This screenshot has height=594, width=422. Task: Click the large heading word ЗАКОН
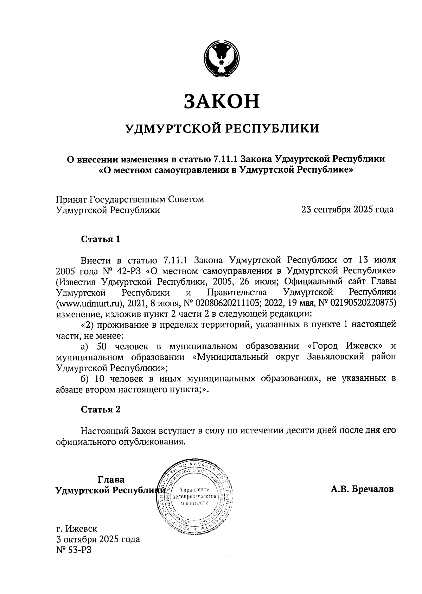[x=222, y=101]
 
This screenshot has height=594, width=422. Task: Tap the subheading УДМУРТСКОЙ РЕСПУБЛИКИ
[x=223, y=129]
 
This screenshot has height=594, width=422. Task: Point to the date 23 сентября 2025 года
[x=347, y=210]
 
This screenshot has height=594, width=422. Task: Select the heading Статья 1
[x=101, y=240]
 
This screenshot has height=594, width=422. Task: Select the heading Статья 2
[x=101, y=409]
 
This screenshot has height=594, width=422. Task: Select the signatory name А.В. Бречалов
[x=362, y=489]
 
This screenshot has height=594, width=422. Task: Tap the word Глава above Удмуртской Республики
[x=111, y=479]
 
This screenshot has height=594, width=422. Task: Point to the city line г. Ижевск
[x=77, y=528]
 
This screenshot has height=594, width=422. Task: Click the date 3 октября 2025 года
[x=98, y=539]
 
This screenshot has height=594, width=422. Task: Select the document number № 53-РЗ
[x=73, y=550]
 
